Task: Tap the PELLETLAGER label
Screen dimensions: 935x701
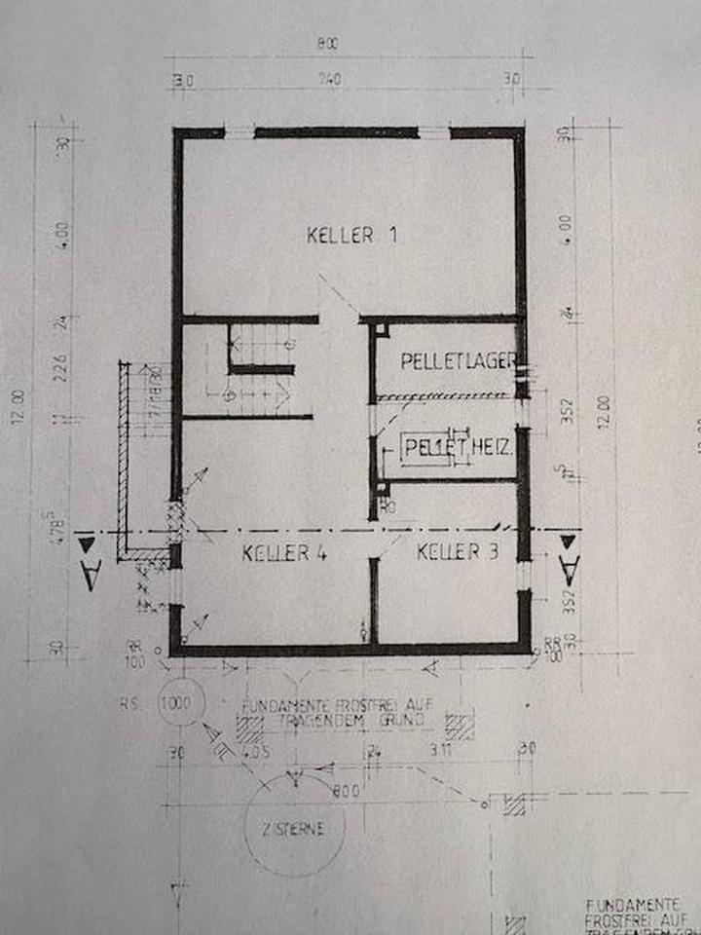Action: (x=458, y=361)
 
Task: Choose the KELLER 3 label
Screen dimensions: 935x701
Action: (x=458, y=552)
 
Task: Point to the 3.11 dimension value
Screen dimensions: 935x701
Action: (x=440, y=751)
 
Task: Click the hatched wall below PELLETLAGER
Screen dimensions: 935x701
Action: (x=446, y=397)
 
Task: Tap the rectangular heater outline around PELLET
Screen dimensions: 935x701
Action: (x=425, y=449)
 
